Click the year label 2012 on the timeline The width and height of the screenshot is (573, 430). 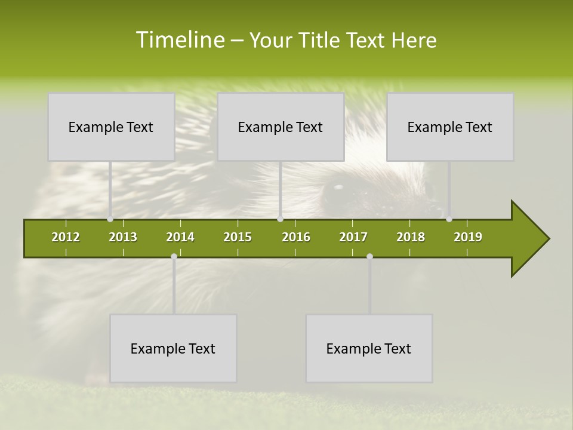coord(66,237)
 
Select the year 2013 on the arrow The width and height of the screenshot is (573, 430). coord(123,237)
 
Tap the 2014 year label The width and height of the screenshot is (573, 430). coord(180,237)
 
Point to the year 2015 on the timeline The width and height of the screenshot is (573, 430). coord(238,237)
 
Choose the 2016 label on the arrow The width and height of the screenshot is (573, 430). coord(296,237)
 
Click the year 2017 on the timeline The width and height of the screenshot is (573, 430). coord(353,237)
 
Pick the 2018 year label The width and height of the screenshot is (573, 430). coord(411,237)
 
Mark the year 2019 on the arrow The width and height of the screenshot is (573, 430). coord(468,237)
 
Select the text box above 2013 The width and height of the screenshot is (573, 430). coord(111,127)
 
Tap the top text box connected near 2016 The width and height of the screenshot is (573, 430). coord(281,127)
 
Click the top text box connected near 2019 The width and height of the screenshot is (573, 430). coord(450,127)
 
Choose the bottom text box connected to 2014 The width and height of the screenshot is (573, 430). coord(173,348)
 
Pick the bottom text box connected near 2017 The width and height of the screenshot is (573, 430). coord(369,348)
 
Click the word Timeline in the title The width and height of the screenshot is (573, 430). coord(180,40)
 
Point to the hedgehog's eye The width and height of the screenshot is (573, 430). coord(338,191)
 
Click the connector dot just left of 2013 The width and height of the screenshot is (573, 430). coord(110,219)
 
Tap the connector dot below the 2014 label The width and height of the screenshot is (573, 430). coord(174,257)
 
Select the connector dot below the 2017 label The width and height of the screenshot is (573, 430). coord(369,257)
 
